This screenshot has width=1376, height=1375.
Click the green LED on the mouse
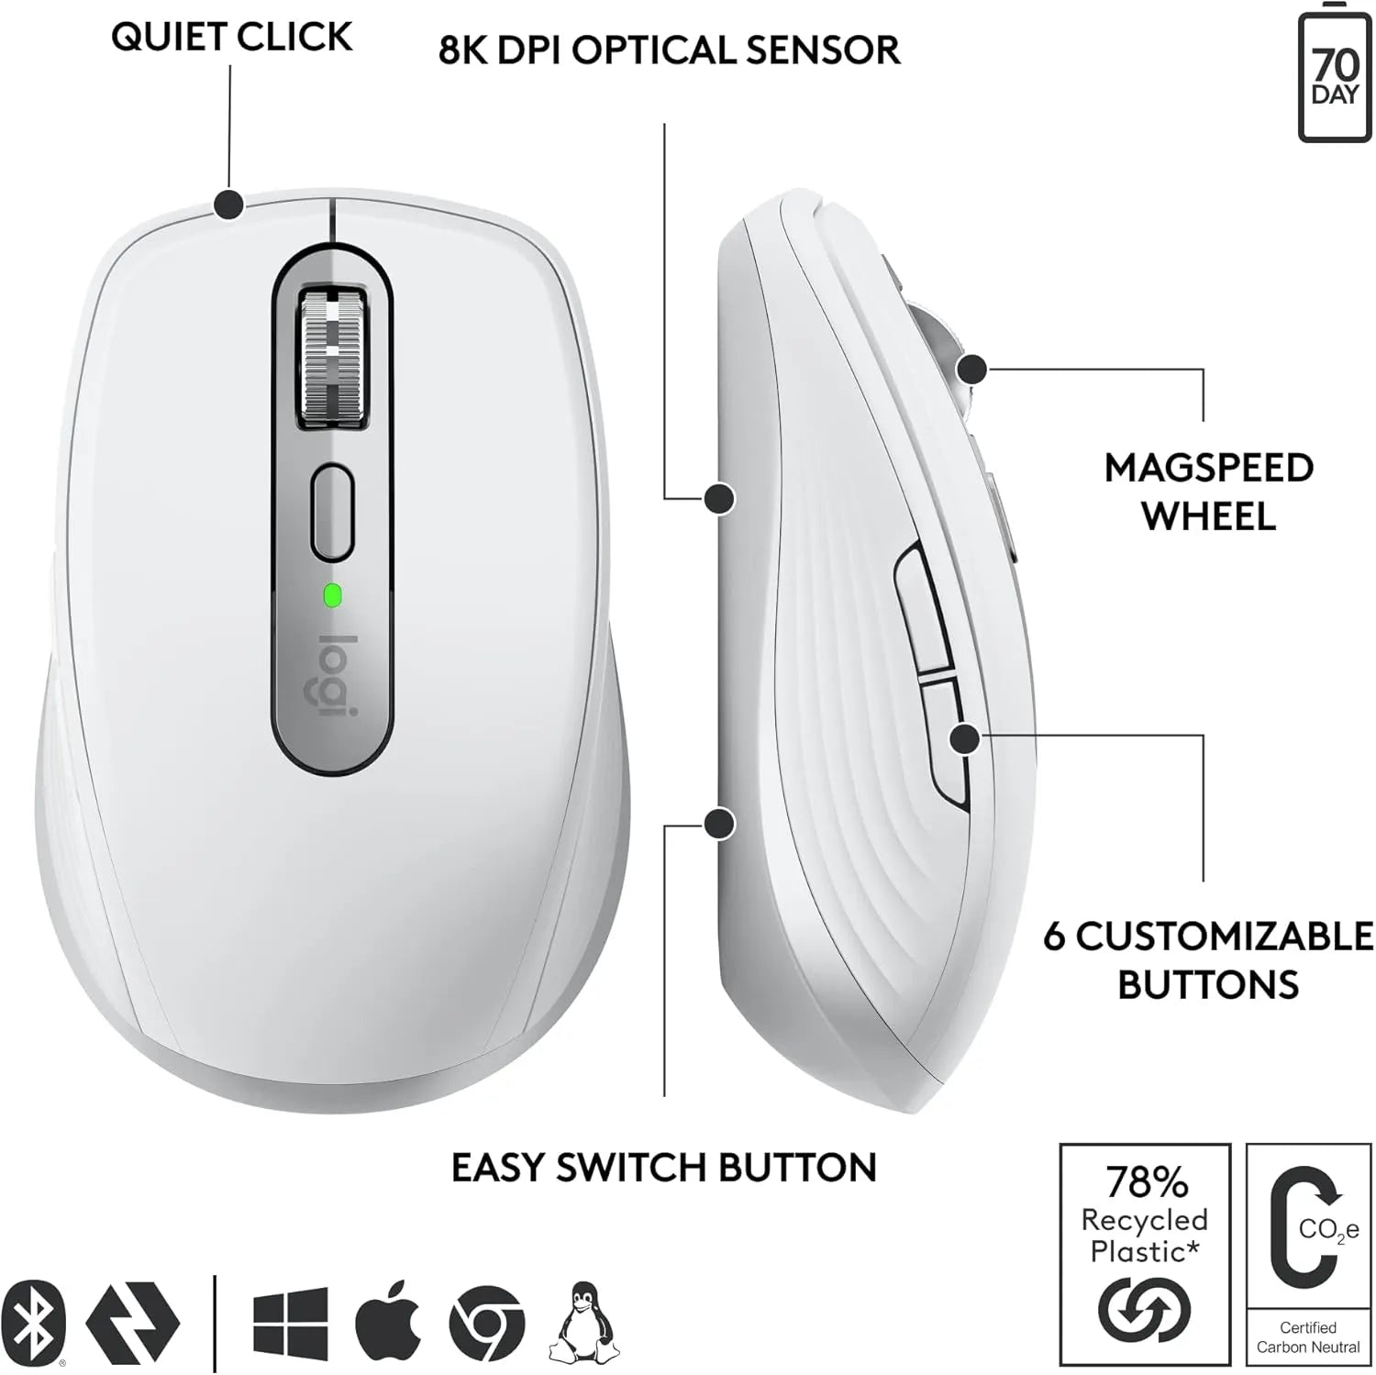coord(332,596)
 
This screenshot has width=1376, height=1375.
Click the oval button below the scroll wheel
coord(332,512)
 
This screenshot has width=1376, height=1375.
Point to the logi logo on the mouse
coord(336,675)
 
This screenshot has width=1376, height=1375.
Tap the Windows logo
coord(290,1322)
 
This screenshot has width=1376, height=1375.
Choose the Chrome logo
coord(486,1323)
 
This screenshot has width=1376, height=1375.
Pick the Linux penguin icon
coord(583,1322)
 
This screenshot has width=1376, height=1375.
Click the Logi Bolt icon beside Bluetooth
coord(132,1323)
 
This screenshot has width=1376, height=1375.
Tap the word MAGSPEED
coord(1208,468)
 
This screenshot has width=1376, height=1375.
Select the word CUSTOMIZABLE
coord(1225,937)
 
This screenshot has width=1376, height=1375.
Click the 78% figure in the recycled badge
coord(1146,1182)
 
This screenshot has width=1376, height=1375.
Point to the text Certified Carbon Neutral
coord(1308,1337)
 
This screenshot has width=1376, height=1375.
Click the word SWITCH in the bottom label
coord(631,1168)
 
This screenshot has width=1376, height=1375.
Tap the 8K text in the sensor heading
coord(462,50)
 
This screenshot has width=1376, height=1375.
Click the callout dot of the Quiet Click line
coord(228,204)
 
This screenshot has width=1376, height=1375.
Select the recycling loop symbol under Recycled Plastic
coord(1144,1310)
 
